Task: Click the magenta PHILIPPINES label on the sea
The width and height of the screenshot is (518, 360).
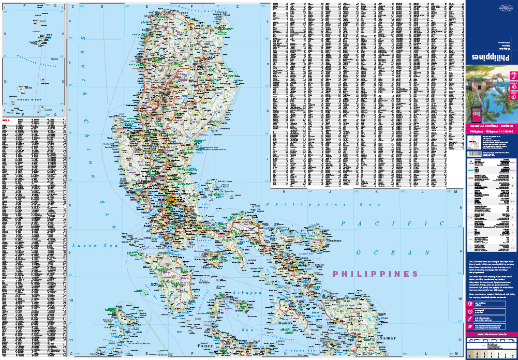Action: click(x=375, y=273)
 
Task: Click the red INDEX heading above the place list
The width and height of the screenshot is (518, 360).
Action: click(x=6, y=120)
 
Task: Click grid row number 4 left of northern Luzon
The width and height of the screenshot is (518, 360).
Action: click(x=70, y=22)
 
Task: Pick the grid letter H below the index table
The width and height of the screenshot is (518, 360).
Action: click(x=284, y=192)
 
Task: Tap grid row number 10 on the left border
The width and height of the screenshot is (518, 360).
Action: click(x=70, y=300)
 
